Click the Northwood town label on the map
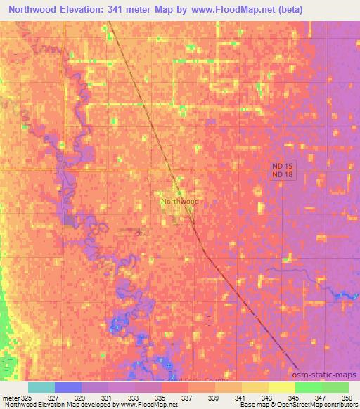tap(180, 201)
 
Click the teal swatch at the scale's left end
tap(41, 387)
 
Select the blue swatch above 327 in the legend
tap(68, 387)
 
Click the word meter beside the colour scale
tap(9, 397)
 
